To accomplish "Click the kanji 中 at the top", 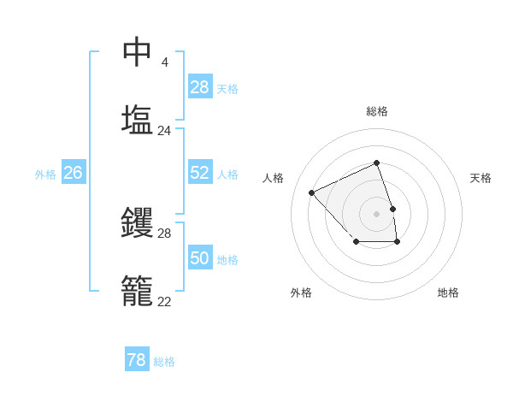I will pyautogui.click(x=138, y=51).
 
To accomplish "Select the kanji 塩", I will pyautogui.click(x=138, y=120).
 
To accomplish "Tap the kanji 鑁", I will pyautogui.click(x=138, y=222).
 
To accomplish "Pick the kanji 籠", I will pyautogui.click(x=138, y=291).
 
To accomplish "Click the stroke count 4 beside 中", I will pyautogui.click(x=164, y=62).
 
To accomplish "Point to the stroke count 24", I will pyautogui.click(x=164, y=131).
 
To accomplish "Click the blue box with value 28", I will pyautogui.click(x=200, y=86).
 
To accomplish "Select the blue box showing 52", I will pyautogui.click(x=200, y=173).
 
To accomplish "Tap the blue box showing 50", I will pyautogui.click(x=200, y=258).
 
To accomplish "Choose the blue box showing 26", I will pyautogui.click(x=73, y=173).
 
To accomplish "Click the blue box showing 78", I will pyautogui.click(x=137, y=360).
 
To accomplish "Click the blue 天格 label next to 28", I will pyautogui.click(x=227, y=88).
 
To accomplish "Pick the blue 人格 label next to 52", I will pyautogui.click(x=227, y=174).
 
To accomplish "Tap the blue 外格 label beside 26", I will pyautogui.click(x=45, y=174).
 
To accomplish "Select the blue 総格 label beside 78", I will pyautogui.click(x=164, y=362).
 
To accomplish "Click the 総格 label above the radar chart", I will pyautogui.click(x=377, y=111).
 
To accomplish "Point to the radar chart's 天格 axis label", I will pyautogui.click(x=481, y=178).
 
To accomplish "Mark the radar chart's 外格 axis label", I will pyautogui.click(x=300, y=293).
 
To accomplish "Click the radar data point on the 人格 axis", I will pyautogui.click(x=312, y=192).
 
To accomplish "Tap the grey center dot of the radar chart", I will pyautogui.click(x=377, y=213).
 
